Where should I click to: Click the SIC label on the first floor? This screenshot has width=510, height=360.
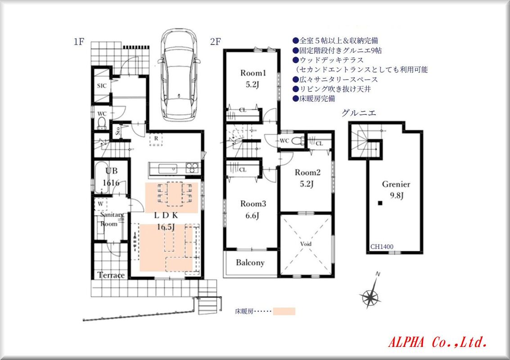(102, 86)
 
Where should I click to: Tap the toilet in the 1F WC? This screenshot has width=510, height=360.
(102, 123)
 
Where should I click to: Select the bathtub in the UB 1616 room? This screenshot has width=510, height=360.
(100, 178)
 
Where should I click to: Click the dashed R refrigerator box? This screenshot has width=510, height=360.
(156, 139)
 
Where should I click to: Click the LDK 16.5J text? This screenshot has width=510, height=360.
(166, 221)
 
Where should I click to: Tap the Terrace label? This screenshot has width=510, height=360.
(111, 275)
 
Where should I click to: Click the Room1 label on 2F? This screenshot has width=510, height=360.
(253, 73)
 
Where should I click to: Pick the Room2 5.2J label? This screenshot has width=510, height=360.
(307, 178)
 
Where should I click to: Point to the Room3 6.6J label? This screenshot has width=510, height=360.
(253, 209)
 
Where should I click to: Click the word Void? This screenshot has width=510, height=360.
(306, 243)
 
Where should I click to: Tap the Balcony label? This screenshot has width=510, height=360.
(250, 262)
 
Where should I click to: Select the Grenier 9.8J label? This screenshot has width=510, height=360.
(396, 189)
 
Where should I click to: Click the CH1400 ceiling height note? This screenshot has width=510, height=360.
(382, 247)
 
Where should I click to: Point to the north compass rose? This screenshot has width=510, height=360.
(370, 294)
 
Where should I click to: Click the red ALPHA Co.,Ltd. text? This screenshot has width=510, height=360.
(438, 342)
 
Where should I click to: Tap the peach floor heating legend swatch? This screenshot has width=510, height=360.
(284, 311)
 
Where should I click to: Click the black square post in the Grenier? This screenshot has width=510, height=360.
(380, 203)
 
